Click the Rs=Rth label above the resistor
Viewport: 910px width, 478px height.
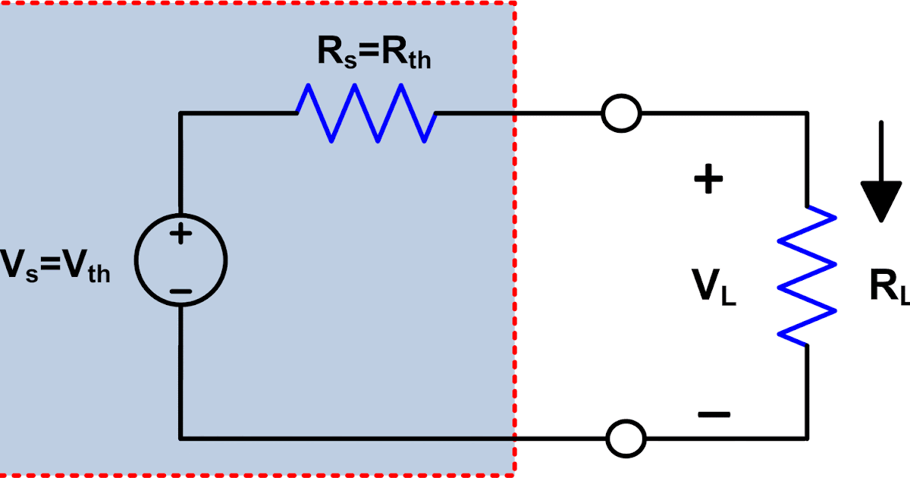pos(374,55)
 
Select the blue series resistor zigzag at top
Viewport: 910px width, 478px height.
pos(366,114)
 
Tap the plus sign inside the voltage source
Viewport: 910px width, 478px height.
pos(180,234)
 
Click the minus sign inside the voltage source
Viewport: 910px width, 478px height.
pos(180,291)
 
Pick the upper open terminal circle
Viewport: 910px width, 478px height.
pos(621,115)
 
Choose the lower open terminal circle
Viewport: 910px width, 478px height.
pos(626,438)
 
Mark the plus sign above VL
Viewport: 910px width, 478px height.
pos(708,181)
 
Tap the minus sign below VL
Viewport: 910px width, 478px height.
pos(714,414)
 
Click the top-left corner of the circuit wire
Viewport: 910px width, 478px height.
pos(180,115)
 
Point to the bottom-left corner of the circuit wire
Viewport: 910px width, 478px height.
pos(180,438)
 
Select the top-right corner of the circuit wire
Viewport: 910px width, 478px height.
pos(808,115)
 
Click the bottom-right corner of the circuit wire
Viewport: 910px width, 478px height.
pos(808,438)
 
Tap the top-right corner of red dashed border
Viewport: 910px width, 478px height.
pos(515,2)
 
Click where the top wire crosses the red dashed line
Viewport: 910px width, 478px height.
pos(515,115)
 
